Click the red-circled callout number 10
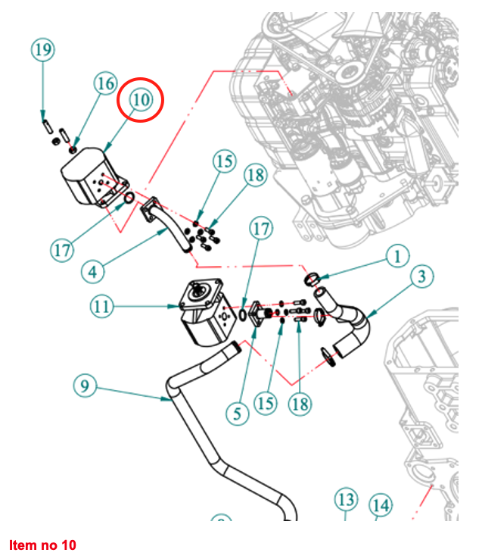coord(141,99)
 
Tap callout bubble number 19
coord(43,51)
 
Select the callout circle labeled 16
coord(105,83)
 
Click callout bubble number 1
coord(396,256)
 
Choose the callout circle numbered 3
coord(421,276)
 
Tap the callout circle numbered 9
coord(85,386)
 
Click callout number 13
coord(347,500)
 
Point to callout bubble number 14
coord(381,505)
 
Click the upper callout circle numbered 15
coord(224,161)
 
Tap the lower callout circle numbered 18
coord(300,404)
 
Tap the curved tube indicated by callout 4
coord(166,224)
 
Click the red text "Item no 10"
coord(43,545)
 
